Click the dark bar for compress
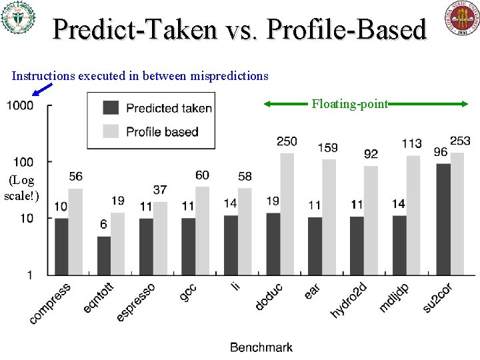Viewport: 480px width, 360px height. [x=61, y=246]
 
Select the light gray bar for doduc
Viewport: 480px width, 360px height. [x=287, y=213]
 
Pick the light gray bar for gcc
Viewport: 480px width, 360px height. [x=203, y=230]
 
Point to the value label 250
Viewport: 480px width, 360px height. [x=287, y=141]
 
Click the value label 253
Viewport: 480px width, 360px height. [x=460, y=141]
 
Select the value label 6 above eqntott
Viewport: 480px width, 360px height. [x=103, y=225]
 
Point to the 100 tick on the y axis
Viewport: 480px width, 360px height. [x=23, y=162]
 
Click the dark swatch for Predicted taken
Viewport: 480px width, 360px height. [x=111, y=108]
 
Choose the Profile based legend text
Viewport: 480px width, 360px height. [x=162, y=131]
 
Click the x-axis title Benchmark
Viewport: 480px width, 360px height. [x=261, y=347]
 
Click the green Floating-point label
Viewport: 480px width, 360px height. [x=350, y=103]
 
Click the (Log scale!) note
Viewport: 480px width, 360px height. [x=21, y=187]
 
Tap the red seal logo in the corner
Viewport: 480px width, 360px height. [x=461, y=18]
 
